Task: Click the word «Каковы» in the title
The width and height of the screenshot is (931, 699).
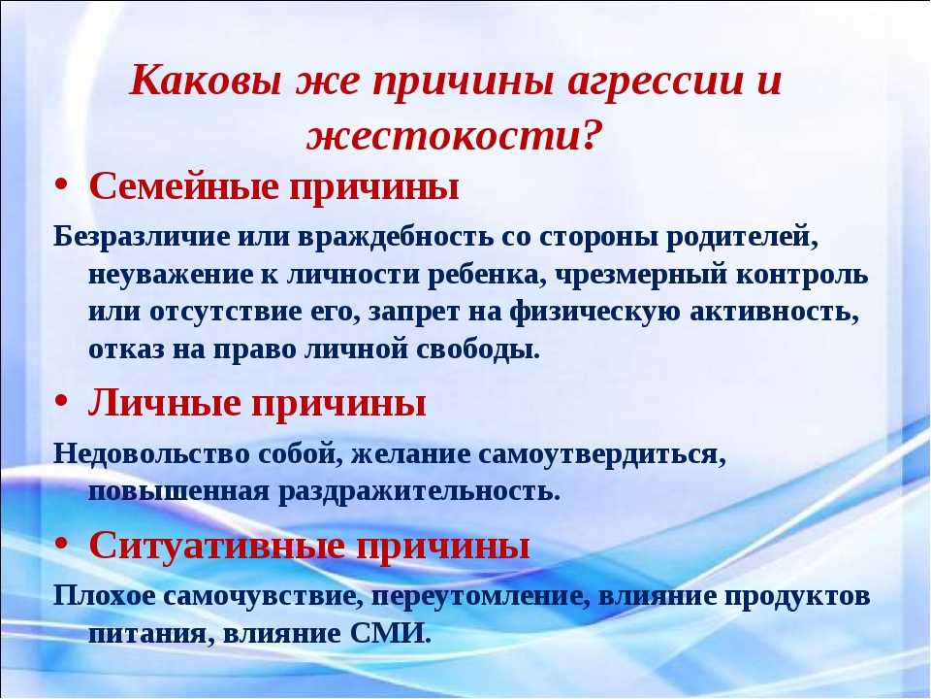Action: coord(206,79)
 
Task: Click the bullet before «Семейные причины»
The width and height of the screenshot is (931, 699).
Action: coord(61,185)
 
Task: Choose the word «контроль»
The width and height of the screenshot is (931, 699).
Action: coord(802,275)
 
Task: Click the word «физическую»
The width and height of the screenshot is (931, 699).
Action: coord(594,313)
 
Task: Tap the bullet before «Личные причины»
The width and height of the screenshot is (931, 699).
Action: coord(61,402)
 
